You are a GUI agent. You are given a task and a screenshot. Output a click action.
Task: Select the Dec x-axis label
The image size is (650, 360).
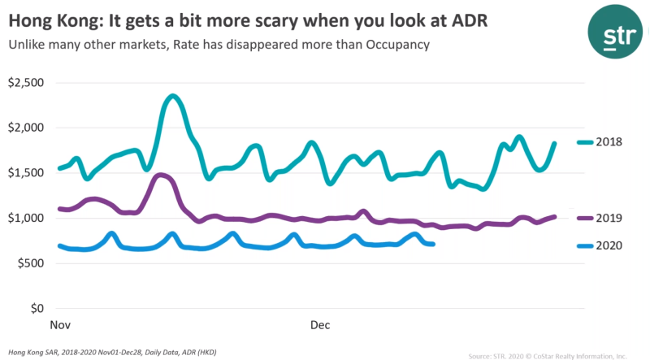[319, 325]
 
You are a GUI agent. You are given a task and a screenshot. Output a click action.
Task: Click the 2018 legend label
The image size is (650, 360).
[608, 142]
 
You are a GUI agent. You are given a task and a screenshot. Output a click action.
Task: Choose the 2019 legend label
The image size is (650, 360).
[608, 218]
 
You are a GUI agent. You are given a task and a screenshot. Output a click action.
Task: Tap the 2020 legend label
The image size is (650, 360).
[608, 245]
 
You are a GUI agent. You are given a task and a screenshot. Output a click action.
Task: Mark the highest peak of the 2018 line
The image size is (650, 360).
[172, 97]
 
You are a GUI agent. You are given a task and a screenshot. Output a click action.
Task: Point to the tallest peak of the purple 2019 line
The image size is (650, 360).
[161, 175]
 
